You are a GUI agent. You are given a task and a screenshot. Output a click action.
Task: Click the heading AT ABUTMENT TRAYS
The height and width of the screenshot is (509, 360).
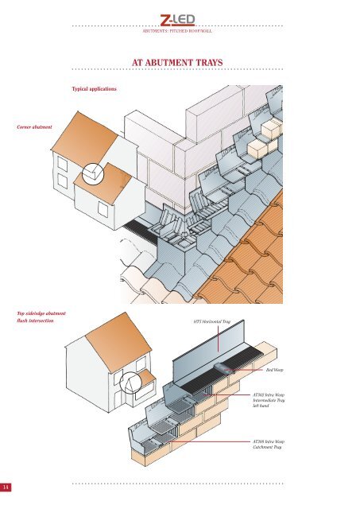pos(180,64)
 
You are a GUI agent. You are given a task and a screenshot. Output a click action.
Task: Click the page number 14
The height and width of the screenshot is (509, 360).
pos(6,487)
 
